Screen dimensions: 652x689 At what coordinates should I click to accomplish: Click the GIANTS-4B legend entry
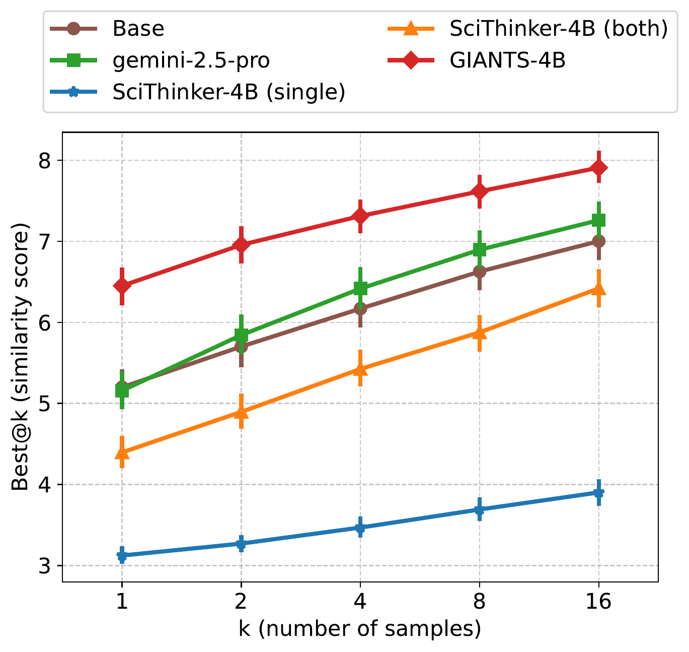pyautogui.click(x=507, y=60)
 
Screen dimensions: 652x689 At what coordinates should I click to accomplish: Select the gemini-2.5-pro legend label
pyautogui.click(x=191, y=60)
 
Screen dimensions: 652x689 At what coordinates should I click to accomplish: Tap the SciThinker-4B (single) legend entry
pyautogui.click(x=228, y=92)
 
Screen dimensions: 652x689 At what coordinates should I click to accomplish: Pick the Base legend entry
pyautogui.click(x=138, y=29)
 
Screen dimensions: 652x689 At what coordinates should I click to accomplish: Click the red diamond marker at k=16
pyautogui.click(x=598, y=168)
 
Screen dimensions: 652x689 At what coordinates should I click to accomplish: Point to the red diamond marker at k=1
pyautogui.click(x=122, y=286)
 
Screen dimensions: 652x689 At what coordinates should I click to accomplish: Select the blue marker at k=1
pyautogui.click(x=122, y=556)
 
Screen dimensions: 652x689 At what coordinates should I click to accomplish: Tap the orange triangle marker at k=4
pyautogui.click(x=360, y=369)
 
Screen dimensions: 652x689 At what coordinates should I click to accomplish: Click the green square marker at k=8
pyautogui.click(x=480, y=249)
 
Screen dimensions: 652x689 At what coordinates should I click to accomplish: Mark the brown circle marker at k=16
pyautogui.click(x=598, y=241)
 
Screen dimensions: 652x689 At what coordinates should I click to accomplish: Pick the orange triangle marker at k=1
pyautogui.click(x=122, y=452)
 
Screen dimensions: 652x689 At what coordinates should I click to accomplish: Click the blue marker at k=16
pyautogui.click(x=598, y=493)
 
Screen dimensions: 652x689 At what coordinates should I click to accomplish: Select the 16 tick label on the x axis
pyautogui.click(x=598, y=602)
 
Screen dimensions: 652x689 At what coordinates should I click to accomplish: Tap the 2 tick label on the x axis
pyautogui.click(x=241, y=602)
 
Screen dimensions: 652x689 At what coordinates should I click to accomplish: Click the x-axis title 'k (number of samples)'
pyautogui.click(x=360, y=629)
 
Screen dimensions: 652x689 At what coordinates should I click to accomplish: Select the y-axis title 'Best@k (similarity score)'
pyautogui.click(x=21, y=357)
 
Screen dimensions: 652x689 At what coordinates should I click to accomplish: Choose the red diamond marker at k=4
pyautogui.click(x=360, y=216)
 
